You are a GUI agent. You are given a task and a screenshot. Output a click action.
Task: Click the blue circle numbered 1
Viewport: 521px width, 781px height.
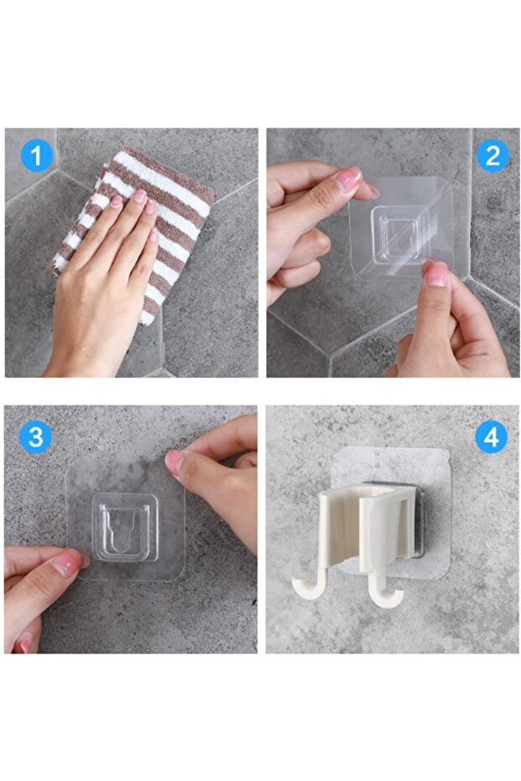36,156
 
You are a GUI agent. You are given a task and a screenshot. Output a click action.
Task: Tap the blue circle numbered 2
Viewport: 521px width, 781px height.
492,156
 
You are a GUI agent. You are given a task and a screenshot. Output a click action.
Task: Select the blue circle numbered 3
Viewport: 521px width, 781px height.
36,437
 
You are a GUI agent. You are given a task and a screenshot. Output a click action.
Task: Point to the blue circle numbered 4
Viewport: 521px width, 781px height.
491,437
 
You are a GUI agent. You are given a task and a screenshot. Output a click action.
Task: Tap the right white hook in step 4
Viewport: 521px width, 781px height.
383,594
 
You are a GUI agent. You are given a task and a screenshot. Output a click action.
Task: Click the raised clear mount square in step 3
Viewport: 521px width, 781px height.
125,527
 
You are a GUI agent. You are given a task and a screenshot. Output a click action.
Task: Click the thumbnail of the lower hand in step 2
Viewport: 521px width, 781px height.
437,274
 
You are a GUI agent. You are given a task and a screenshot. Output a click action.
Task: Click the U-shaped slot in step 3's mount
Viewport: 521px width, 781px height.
124,530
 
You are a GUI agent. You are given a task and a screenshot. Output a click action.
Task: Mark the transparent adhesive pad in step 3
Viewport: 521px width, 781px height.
126,519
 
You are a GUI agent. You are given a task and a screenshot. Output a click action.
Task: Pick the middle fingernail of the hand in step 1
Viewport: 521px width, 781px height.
141,196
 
